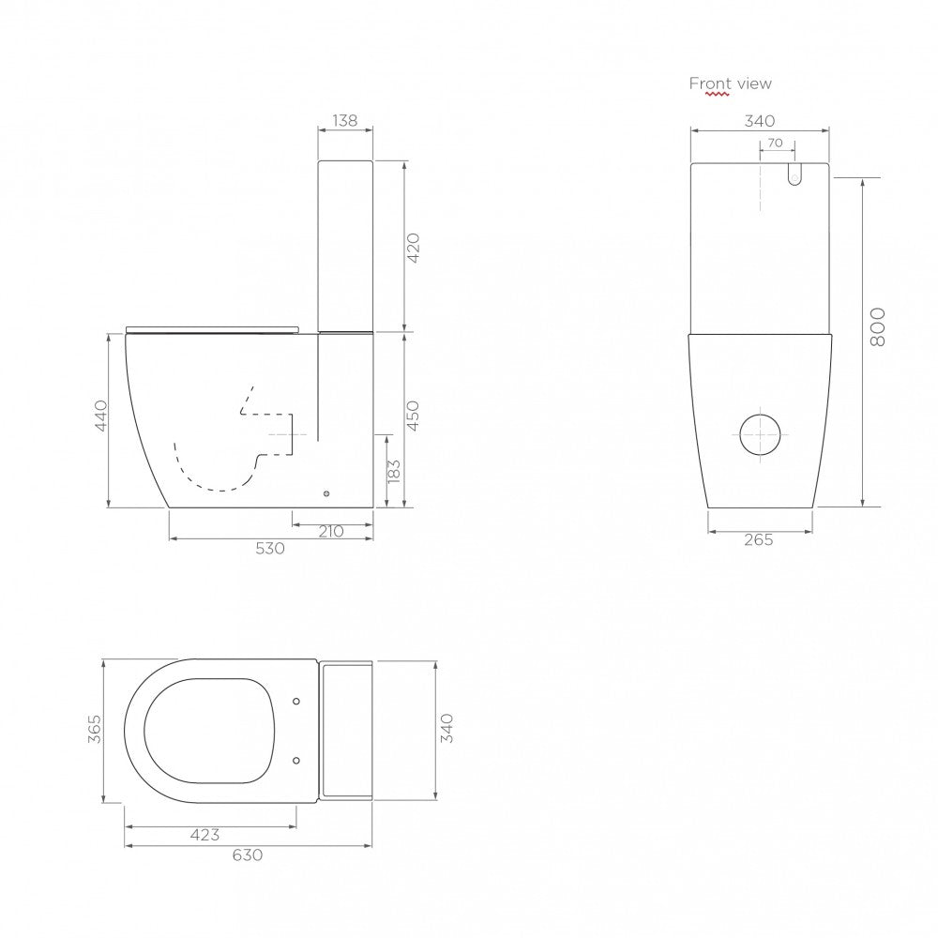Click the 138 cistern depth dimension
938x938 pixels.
[x=345, y=120]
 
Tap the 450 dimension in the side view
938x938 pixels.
[x=414, y=415]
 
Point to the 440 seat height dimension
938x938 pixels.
[x=101, y=415]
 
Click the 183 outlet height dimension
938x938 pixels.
[x=393, y=471]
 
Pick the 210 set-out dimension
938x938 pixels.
[x=331, y=531]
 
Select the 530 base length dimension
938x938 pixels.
[x=270, y=549]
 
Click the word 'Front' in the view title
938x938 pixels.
[x=710, y=83]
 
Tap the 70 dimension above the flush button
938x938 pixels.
[x=775, y=144]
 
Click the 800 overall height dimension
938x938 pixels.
[x=877, y=326]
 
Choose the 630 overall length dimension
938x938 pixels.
[x=248, y=855]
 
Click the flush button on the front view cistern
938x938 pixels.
[x=794, y=174]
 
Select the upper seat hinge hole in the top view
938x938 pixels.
[x=296, y=700]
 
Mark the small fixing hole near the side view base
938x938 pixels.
[x=326, y=492]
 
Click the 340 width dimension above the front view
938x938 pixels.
[x=759, y=120]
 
